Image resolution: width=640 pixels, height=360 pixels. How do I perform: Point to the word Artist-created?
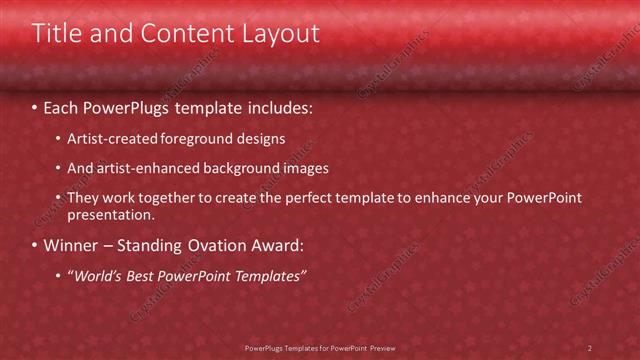[107, 138]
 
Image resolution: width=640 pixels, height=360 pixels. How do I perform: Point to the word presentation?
[111, 214]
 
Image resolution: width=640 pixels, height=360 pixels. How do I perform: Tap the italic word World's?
[98, 275]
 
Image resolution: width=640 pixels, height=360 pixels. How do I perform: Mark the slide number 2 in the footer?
[590, 348]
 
